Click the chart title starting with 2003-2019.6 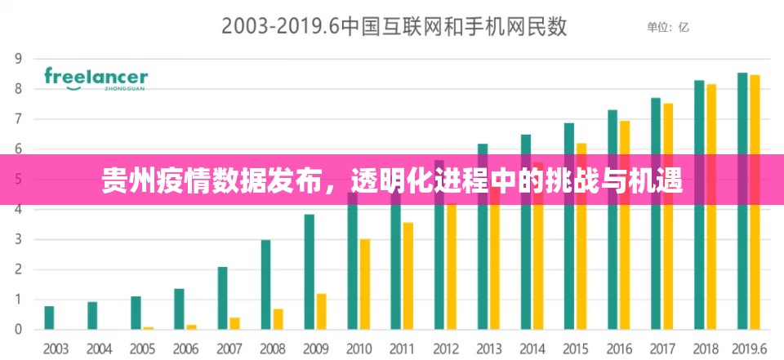(394, 27)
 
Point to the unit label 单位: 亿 (668, 27)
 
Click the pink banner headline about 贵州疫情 (392, 180)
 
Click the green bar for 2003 (50, 318)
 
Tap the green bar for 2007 (223, 298)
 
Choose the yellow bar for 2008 (278, 318)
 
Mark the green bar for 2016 (612, 220)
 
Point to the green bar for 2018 (699, 205)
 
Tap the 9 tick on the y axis (17, 58)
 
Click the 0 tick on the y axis (17, 330)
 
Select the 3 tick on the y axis (17, 239)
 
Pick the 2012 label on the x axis (445, 349)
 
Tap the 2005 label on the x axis (142, 349)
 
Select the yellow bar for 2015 (581, 237)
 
